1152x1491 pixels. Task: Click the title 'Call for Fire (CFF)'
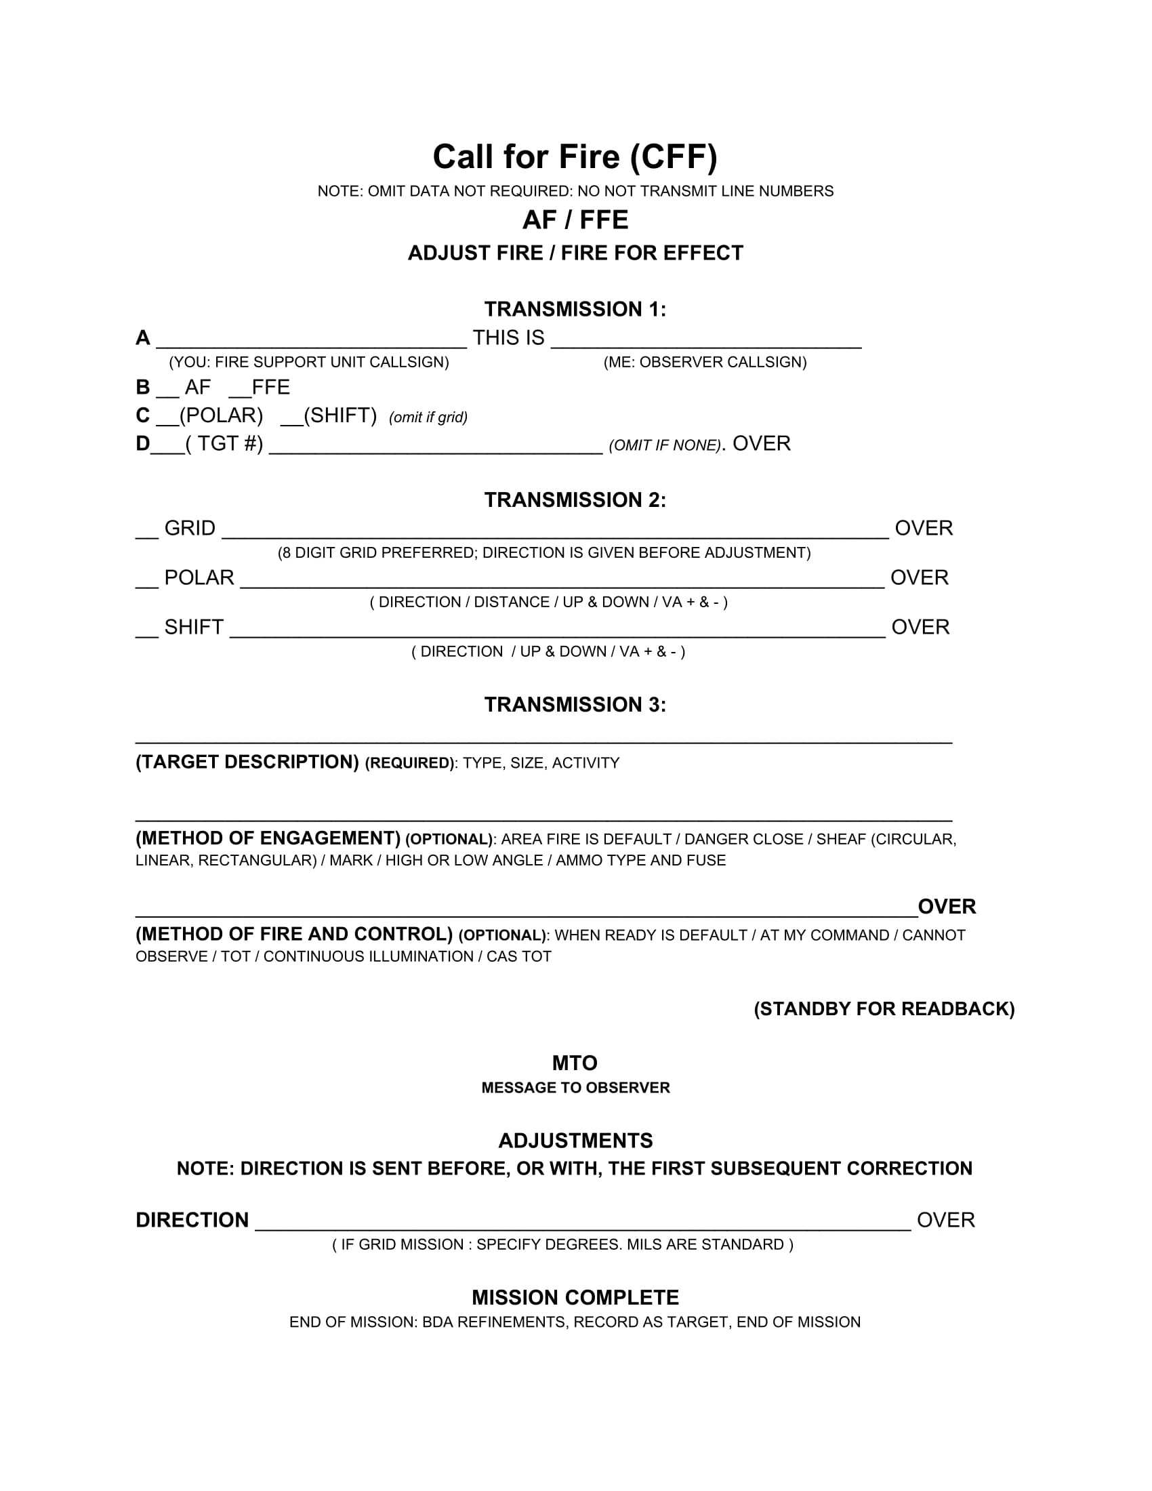click(575, 157)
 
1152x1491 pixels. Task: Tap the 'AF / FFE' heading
click(575, 220)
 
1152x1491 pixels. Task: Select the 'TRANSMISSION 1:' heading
click(575, 309)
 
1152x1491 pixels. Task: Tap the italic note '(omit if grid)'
click(428, 417)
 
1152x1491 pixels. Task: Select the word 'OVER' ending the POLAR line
click(919, 577)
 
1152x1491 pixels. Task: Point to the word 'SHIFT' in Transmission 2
click(194, 627)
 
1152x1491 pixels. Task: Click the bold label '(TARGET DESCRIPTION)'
click(247, 762)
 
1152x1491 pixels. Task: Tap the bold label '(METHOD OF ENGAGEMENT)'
click(268, 838)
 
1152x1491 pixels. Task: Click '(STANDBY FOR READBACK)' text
click(884, 1009)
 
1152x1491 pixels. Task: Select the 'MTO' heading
click(575, 1063)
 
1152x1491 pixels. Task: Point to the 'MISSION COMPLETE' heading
click(575, 1297)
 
